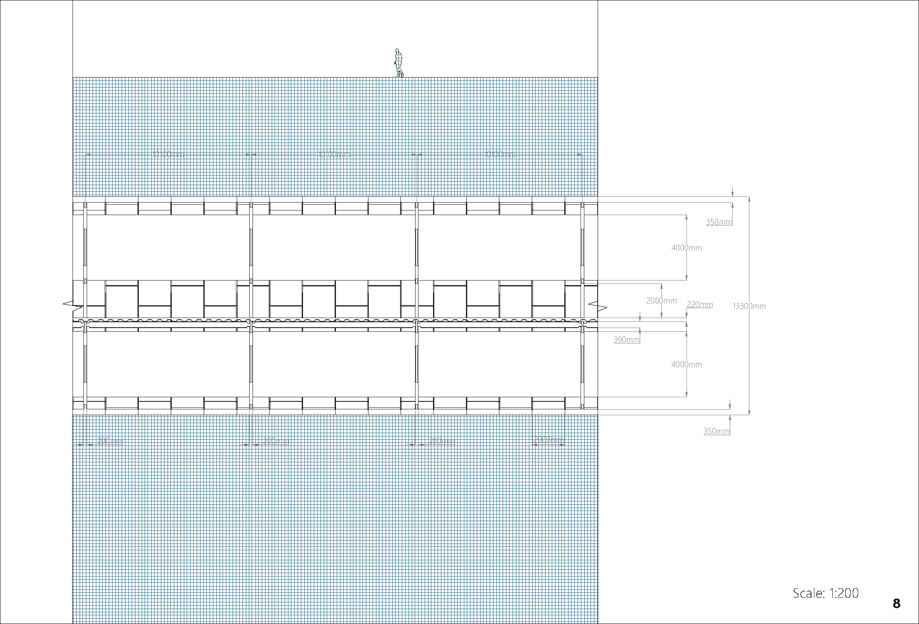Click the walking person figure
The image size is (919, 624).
click(x=398, y=63)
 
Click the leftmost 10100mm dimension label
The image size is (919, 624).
click(x=168, y=155)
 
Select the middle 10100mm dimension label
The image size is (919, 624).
click(x=334, y=155)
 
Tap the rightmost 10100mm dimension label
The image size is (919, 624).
click(x=499, y=155)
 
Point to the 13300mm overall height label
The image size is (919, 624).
click(x=749, y=306)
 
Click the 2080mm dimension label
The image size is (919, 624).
click(x=661, y=301)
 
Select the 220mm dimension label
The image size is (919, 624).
click(x=699, y=304)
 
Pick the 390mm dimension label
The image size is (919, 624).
click(x=626, y=339)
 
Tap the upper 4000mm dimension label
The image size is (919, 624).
click(x=686, y=248)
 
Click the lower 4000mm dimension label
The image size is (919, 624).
click(x=686, y=365)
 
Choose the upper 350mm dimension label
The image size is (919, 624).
click(x=719, y=222)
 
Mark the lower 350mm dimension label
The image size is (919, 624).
click(x=716, y=431)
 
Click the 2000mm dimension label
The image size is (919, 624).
click(x=548, y=439)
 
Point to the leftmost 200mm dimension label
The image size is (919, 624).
click(x=110, y=441)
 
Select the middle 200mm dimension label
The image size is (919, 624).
click(x=276, y=441)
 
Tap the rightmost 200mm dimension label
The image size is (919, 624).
click(x=441, y=441)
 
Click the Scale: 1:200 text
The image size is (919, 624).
click(x=825, y=593)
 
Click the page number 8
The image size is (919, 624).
click(x=896, y=604)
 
